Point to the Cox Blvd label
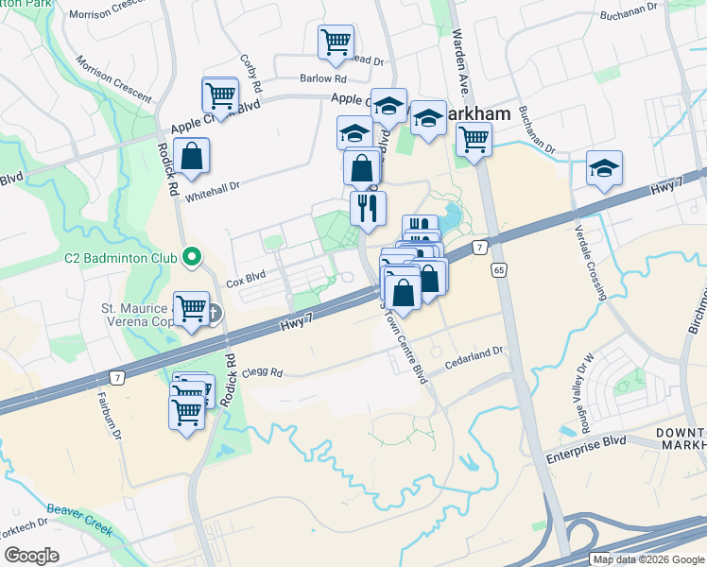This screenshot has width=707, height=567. [x=243, y=283]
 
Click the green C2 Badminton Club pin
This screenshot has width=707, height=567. [x=192, y=256]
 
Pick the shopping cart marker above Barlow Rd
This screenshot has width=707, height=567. [x=336, y=42]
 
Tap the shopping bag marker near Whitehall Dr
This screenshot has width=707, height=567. [x=192, y=159]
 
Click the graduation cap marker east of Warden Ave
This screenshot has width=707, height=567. [x=604, y=168]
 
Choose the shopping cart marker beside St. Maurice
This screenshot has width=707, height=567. [x=192, y=308]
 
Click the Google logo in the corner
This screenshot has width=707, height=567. [x=31, y=556]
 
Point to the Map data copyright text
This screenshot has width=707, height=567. [x=647, y=559]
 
